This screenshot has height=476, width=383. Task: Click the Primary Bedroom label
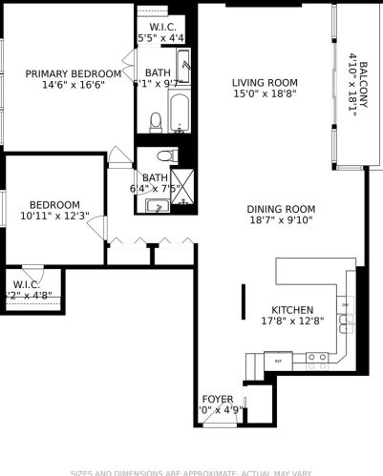pos(74,73)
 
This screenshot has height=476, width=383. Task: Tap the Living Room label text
pos(265,82)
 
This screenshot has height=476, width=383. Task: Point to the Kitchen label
pos(291,310)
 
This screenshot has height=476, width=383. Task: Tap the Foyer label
pos(218,399)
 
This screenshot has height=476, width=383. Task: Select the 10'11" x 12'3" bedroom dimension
pos(53,216)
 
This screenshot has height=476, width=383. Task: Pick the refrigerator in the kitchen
pos(279,361)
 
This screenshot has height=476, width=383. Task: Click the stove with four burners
pos(317,358)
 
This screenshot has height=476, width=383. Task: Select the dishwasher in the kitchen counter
pos(344,329)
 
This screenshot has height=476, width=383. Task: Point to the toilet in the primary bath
pos(156,120)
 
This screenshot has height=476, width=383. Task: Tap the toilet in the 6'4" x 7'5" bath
pos(164,155)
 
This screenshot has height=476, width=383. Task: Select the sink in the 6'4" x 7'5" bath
pos(153,206)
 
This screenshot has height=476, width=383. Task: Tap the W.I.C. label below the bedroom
pos(25,284)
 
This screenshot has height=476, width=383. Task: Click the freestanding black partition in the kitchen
pos(243,302)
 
